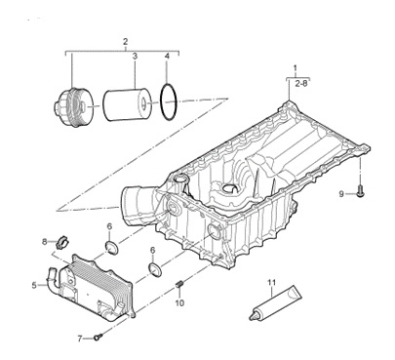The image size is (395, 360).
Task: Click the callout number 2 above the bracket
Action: pyautogui.click(x=126, y=42)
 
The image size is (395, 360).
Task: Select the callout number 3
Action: pyautogui.click(x=135, y=57)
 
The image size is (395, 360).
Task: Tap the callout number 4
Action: pyautogui.click(x=167, y=57)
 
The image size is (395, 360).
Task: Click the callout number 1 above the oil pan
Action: pyautogui.click(x=296, y=68)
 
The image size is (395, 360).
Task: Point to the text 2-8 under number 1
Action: pyautogui.click(x=301, y=84)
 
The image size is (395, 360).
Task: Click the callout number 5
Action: pyautogui.click(x=34, y=286)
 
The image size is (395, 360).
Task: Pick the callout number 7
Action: pyautogui.click(x=80, y=339)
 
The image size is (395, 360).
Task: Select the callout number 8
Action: pyautogui.click(x=45, y=241)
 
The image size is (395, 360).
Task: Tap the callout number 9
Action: pyautogui.click(x=341, y=194)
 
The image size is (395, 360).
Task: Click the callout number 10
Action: pyautogui.click(x=179, y=303)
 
